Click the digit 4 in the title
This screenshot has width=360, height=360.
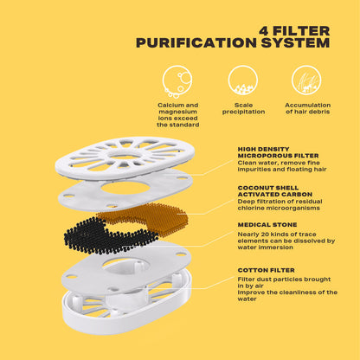pos(264,31)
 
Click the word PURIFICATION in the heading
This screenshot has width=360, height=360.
pos(196,43)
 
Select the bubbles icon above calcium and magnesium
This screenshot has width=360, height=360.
pos(177,80)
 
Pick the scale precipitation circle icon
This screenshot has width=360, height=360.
pos(243,80)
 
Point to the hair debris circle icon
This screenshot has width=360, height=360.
pos(306,80)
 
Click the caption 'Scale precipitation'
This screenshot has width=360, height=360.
pos(243,108)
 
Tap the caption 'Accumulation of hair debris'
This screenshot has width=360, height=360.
pos(307,108)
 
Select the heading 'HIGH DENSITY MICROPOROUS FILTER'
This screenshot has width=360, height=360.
pos(278,152)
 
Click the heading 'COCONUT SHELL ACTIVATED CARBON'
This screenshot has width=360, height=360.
pos(275,191)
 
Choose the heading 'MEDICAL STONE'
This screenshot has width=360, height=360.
pos(267,225)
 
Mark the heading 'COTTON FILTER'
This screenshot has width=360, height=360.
pos(266,270)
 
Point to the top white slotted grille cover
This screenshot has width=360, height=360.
pos(125,157)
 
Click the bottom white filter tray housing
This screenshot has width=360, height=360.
pos(127,314)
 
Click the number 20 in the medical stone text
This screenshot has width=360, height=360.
pos(262,235)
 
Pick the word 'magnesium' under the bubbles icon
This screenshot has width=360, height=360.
pos(177,112)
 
